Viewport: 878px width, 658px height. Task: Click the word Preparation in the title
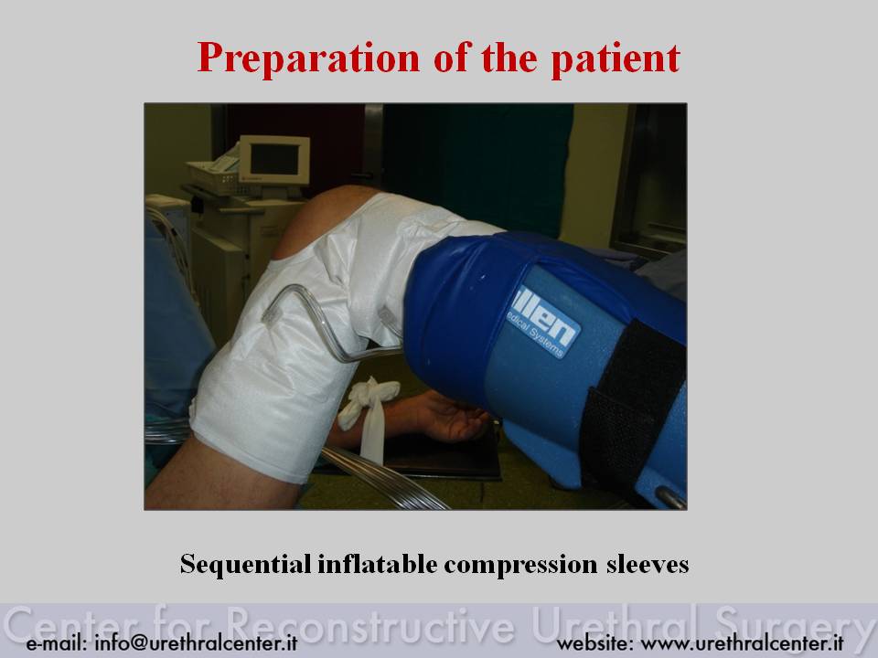tap(308, 58)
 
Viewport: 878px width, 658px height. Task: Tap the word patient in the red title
tap(616, 58)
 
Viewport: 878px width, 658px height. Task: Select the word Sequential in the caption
tap(246, 564)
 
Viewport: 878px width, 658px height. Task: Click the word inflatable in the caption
tap(378, 564)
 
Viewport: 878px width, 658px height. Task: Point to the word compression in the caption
tap(520, 565)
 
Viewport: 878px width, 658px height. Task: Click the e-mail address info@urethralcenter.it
tap(196, 642)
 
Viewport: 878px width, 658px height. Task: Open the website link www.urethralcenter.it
tap(742, 642)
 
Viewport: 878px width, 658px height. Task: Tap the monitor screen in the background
tap(274, 159)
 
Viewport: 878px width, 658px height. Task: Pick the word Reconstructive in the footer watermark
tap(370, 624)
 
